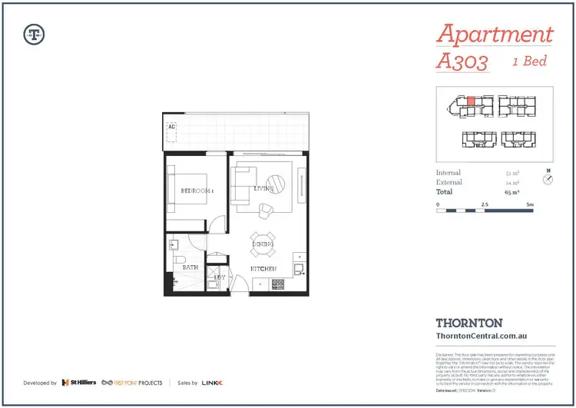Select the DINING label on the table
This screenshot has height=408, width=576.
[x=262, y=244]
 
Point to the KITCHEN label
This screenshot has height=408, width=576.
[x=263, y=268]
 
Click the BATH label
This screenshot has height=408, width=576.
[x=190, y=267]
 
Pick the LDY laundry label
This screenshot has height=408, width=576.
[x=220, y=276]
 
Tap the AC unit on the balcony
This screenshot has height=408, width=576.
[x=172, y=133]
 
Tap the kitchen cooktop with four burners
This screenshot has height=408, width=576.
[x=278, y=284]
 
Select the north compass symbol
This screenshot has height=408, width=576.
[x=548, y=178]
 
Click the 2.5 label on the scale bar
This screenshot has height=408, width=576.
[x=484, y=203]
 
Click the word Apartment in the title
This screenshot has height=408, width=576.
[x=495, y=35]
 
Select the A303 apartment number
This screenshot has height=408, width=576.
[x=462, y=61]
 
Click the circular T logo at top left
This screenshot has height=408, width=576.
[x=35, y=34]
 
